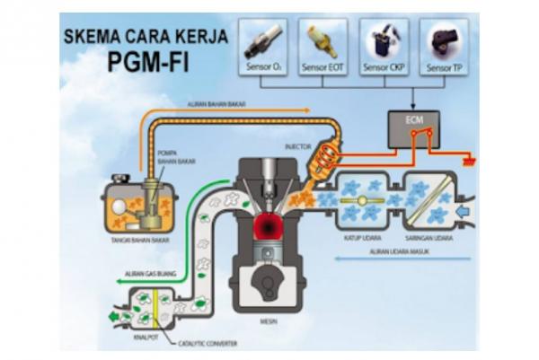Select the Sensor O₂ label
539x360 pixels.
pos(261,66)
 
